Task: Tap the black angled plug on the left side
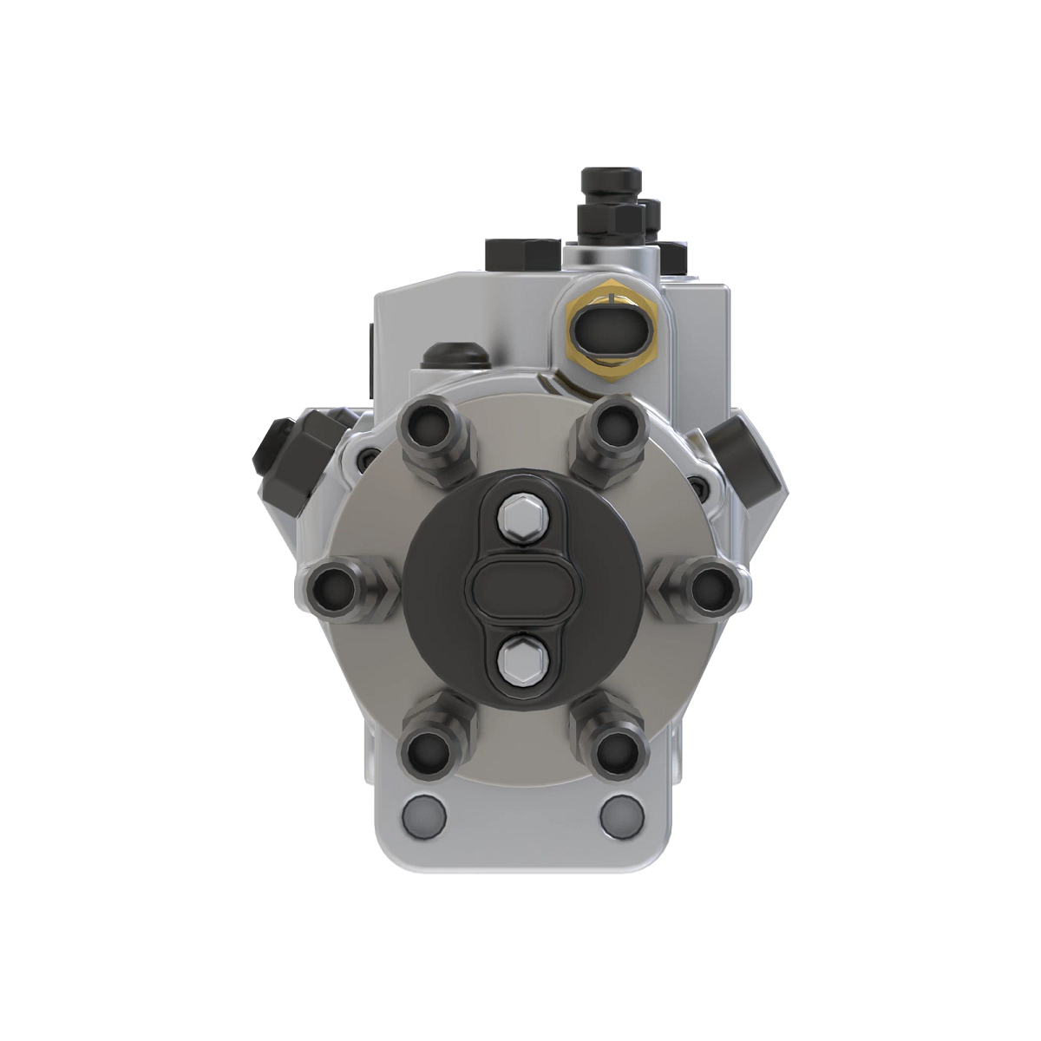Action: [x=282, y=451]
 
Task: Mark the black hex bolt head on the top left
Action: [x=522, y=252]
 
